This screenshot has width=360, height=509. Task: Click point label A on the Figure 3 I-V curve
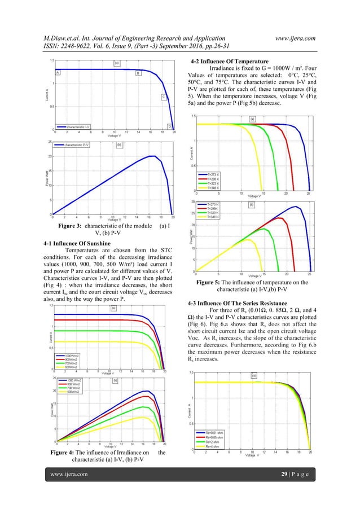click(x=57, y=73)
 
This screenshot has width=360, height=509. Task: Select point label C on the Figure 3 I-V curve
click(x=164, y=96)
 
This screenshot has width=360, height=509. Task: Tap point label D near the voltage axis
click(x=169, y=126)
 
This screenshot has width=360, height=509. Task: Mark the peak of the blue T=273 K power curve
click(x=296, y=207)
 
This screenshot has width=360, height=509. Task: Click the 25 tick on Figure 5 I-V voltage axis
click(x=309, y=193)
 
